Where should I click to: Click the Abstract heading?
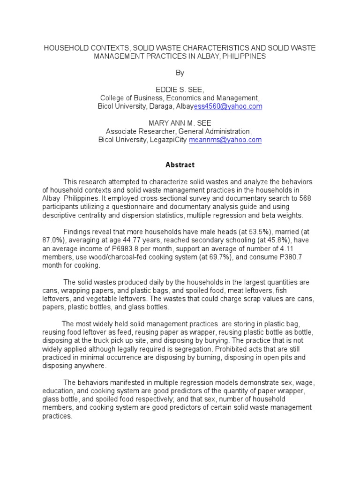tap(180, 165)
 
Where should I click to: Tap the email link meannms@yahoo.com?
tap(225, 140)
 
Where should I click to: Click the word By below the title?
tap(180, 73)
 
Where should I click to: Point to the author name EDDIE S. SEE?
tap(180, 90)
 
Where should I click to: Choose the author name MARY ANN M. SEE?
tap(180, 123)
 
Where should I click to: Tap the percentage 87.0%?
tap(53, 240)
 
